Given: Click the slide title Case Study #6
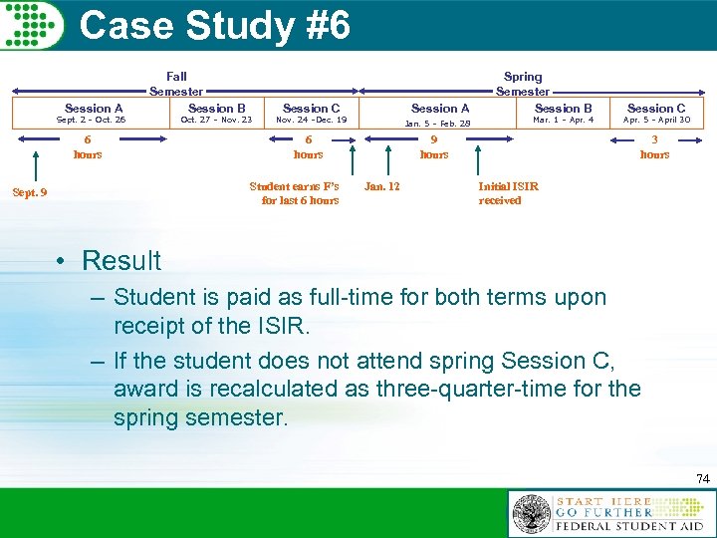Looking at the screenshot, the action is click(x=214, y=26).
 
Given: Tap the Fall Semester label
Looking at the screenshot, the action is click(x=176, y=84).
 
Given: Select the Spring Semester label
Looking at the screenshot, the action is click(x=523, y=84).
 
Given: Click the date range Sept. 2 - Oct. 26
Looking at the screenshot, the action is click(x=91, y=121).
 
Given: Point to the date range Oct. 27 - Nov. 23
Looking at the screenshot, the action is click(x=216, y=121).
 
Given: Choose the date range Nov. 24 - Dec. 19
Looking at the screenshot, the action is click(x=311, y=121).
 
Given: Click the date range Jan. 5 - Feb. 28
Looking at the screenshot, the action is click(x=437, y=124).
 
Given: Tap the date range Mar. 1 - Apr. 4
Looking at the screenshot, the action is click(x=563, y=121).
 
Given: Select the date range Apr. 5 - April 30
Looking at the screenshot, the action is click(x=656, y=121).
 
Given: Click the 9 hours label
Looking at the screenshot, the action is click(x=434, y=147).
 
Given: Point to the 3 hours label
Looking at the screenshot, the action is click(x=654, y=147).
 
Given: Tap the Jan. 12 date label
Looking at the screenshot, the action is click(x=382, y=186).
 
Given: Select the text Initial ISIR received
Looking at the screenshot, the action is click(x=508, y=193).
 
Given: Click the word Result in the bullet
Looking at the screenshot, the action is click(x=120, y=261).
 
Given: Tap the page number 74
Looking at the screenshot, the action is click(x=703, y=479).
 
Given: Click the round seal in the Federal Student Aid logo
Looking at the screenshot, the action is click(x=531, y=515).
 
